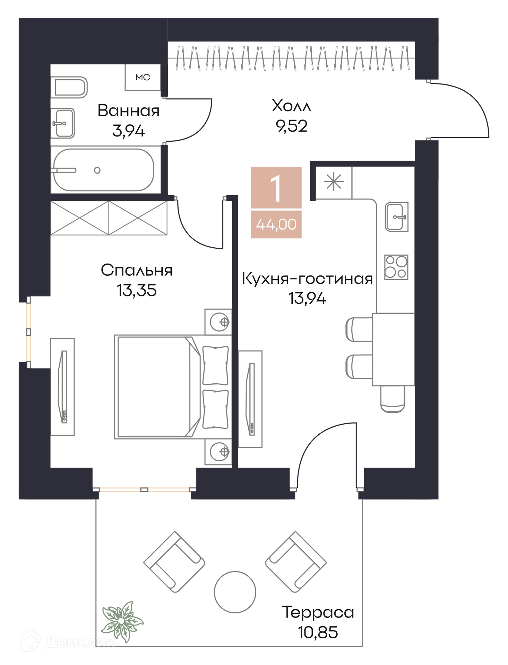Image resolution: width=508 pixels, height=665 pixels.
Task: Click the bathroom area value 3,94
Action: pyautogui.click(x=128, y=131)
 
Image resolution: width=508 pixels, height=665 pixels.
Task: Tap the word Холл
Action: pyautogui.click(x=291, y=106)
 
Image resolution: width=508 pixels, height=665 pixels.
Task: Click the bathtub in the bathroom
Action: pyautogui.click(x=103, y=170)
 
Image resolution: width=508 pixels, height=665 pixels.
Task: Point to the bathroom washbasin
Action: pyautogui.click(x=63, y=123)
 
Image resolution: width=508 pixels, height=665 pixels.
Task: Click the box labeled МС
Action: pyautogui.click(x=143, y=77)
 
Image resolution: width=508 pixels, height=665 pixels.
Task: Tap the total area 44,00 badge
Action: pyautogui.click(x=276, y=224)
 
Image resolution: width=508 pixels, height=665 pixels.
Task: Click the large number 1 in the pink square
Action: pyautogui.click(x=276, y=188)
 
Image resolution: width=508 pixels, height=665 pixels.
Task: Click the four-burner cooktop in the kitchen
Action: pyautogui.click(x=396, y=267)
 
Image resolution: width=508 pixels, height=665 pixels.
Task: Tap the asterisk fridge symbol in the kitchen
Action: pyautogui.click(x=334, y=182)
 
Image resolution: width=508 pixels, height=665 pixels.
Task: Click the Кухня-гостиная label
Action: pyautogui.click(x=307, y=279)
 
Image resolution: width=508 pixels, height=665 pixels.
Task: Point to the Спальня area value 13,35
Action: pyautogui.click(x=137, y=290)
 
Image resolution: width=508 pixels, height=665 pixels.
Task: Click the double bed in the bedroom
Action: pyautogui.click(x=173, y=387)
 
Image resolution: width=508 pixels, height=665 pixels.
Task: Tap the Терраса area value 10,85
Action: pyautogui.click(x=318, y=632)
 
